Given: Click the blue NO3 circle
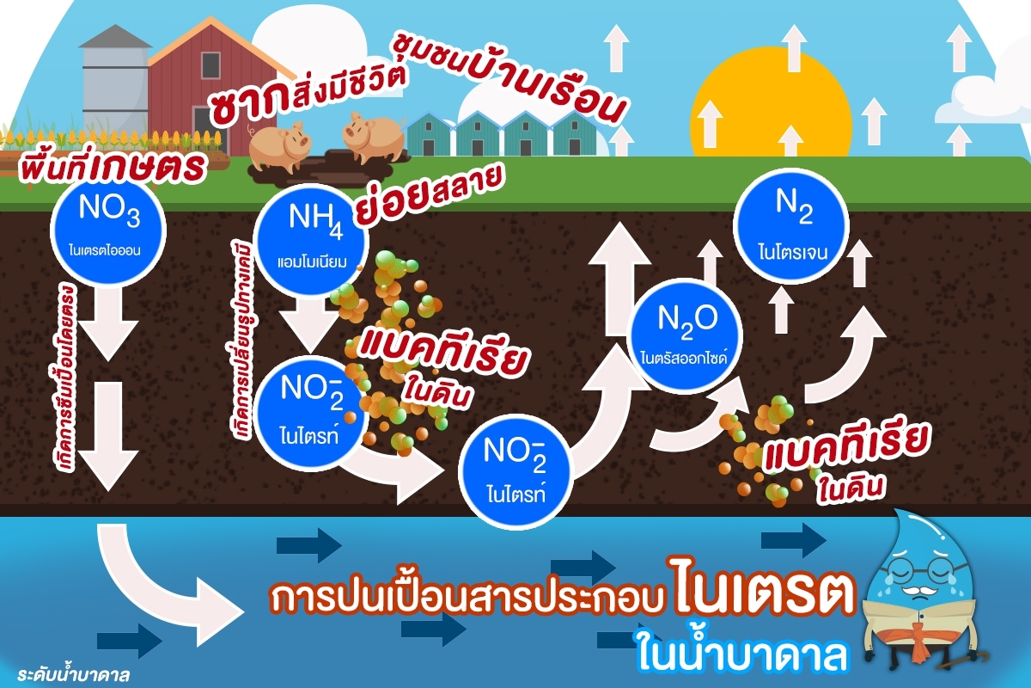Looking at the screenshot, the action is (108, 230).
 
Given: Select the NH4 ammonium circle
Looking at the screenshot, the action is (312, 241).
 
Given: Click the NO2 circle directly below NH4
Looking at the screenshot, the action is (310, 414).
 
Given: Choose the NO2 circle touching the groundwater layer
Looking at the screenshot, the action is (515, 471).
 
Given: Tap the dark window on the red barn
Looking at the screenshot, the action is (210, 65).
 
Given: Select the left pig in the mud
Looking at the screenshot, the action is (278, 145).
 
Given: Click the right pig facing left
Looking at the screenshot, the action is (374, 137).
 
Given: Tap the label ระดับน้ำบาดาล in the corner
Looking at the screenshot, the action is (74, 673).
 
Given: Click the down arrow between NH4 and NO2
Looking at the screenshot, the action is (312, 325).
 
